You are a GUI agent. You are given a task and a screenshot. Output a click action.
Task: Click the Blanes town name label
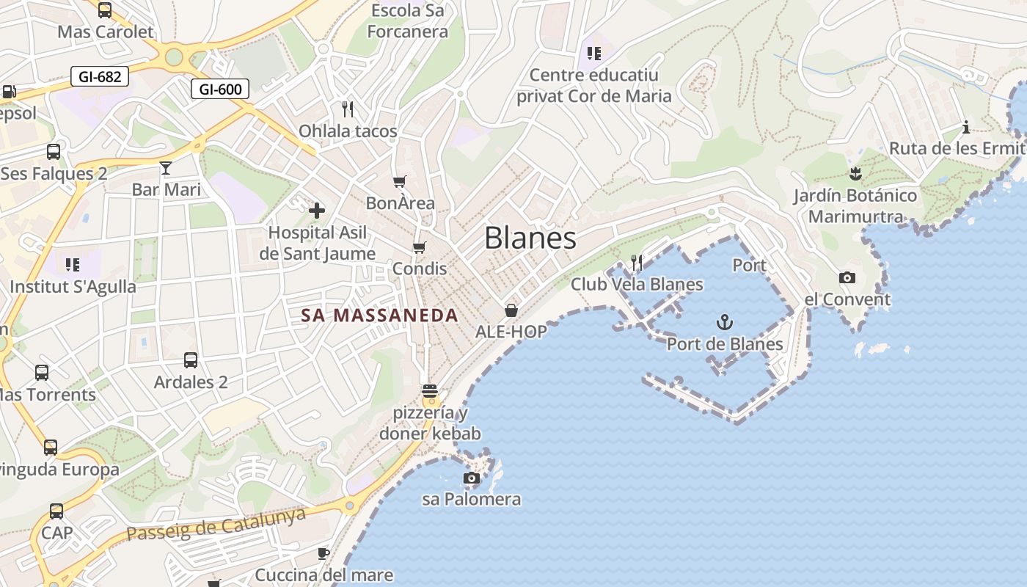point(530,238)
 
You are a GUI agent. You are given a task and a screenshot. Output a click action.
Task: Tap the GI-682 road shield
point(100,76)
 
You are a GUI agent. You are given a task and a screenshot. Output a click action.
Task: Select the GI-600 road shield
point(220,90)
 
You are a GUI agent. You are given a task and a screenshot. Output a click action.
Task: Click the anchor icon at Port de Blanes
point(724,322)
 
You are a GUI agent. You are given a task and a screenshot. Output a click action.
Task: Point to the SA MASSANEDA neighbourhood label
point(379,316)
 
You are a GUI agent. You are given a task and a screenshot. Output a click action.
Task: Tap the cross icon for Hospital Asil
point(317,211)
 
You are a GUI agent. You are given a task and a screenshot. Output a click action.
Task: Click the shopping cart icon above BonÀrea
point(400,181)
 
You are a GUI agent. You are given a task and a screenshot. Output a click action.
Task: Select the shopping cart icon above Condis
point(419,247)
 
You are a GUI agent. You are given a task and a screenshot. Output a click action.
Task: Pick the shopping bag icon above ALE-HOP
point(511,310)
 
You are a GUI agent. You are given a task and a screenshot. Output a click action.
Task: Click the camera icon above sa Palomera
point(472,478)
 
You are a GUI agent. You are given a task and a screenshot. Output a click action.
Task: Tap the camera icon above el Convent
point(847,277)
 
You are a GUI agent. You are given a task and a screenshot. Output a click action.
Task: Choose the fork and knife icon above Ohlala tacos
point(348,109)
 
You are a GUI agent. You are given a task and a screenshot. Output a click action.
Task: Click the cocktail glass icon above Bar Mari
point(166,168)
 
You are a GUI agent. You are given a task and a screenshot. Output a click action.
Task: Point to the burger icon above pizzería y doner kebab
point(430,390)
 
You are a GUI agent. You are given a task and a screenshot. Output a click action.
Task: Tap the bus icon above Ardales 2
point(191,360)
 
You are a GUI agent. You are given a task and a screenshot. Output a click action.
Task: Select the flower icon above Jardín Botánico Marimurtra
point(855,174)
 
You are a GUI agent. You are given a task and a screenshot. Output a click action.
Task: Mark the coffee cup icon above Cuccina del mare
point(324,553)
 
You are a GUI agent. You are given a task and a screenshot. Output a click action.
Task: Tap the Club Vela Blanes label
point(637,284)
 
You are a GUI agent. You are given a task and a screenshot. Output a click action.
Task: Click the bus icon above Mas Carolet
point(105,10)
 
